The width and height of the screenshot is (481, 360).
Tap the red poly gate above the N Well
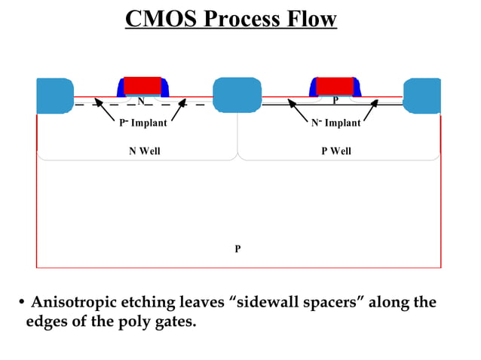(142, 84)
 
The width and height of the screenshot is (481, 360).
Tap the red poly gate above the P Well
(335, 85)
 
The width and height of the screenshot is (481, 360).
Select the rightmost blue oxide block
(421, 96)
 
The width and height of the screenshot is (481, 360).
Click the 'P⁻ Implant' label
(143, 124)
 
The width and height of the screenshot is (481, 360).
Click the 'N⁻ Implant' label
(336, 124)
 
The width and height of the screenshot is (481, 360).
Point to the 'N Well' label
(144, 151)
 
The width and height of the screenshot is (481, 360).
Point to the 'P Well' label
(336, 151)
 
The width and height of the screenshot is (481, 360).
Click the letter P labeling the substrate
(237, 248)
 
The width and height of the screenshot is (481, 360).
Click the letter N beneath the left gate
(141, 100)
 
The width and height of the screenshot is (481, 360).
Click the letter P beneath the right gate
(335, 100)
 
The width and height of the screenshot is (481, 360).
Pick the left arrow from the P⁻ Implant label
(103, 110)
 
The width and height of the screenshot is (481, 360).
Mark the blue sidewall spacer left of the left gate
(120, 88)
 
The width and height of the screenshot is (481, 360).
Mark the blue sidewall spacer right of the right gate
(357, 88)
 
